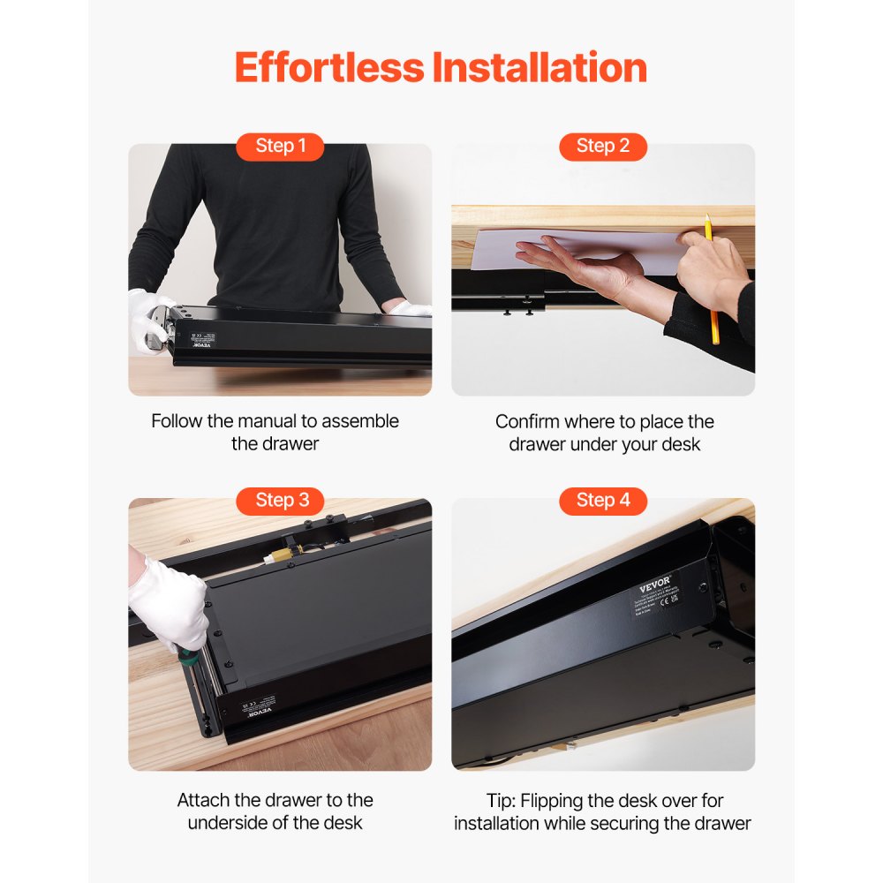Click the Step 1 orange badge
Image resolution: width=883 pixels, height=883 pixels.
click(280, 147)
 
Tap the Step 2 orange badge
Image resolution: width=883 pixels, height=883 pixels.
click(603, 147)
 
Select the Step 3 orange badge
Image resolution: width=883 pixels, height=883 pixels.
click(280, 501)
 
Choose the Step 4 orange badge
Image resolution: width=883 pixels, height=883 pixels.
click(603, 501)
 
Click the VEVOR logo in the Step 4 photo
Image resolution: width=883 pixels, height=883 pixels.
click(655, 586)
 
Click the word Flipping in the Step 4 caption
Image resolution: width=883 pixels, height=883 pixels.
click(551, 802)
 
